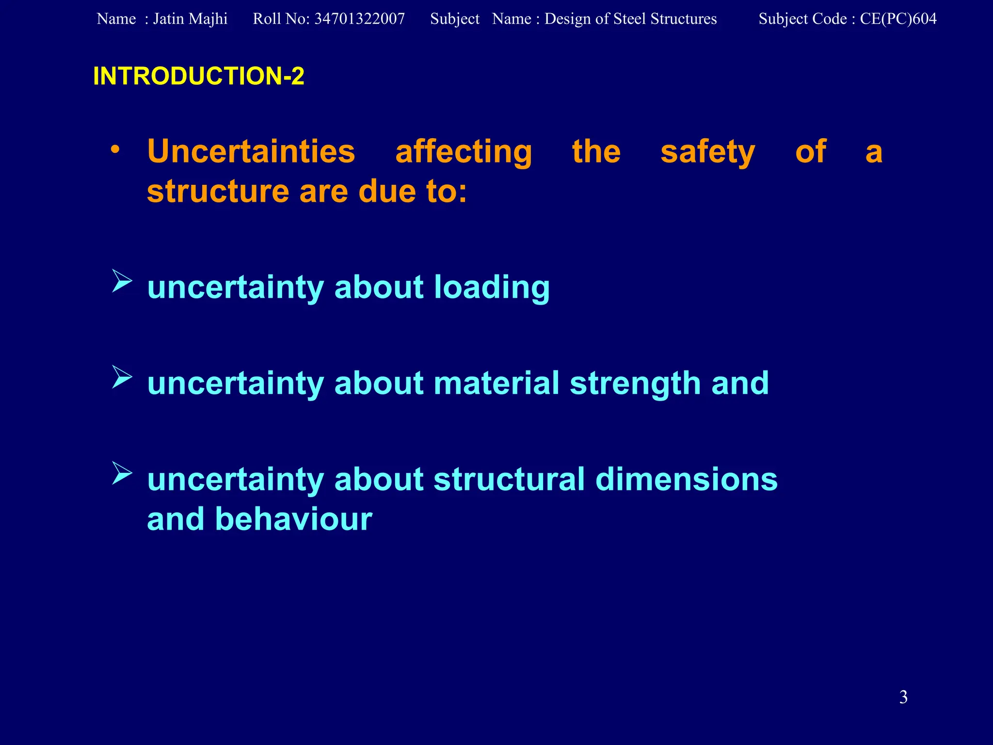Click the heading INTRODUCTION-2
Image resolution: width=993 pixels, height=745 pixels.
[x=198, y=76]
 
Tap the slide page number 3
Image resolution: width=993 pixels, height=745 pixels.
[x=903, y=697]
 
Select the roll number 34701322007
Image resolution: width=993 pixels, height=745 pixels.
[x=359, y=19]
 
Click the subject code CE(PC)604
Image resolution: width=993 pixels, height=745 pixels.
[x=898, y=19]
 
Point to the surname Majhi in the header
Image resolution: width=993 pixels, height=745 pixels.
[x=210, y=19]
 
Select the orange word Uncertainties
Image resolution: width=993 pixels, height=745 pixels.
[x=251, y=151]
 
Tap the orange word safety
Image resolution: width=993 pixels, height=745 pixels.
[x=707, y=152]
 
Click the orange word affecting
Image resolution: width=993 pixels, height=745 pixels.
[x=464, y=152]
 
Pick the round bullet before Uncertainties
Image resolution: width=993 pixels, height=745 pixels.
[x=115, y=149]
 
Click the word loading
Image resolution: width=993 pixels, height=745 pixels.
[x=492, y=288]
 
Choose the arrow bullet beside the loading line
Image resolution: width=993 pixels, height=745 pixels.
[x=122, y=281]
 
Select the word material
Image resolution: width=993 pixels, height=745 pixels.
[x=496, y=383]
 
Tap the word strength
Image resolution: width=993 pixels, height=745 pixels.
[x=635, y=384]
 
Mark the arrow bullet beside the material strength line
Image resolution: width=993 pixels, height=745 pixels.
[x=122, y=377]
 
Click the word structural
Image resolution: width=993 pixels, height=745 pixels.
[x=509, y=479]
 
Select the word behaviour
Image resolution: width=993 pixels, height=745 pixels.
[x=293, y=519]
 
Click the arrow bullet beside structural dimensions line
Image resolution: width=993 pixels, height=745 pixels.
[x=122, y=473]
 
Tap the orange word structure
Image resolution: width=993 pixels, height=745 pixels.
[x=218, y=191]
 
